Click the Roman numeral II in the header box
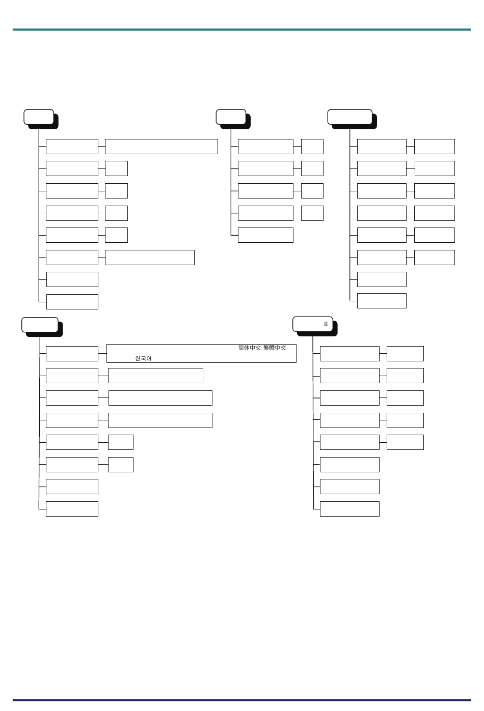(x=326, y=324)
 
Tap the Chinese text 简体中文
(x=250, y=348)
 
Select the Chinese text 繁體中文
(x=275, y=348)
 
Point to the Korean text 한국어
(x=143, y=358)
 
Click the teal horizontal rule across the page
(x=242, y=30)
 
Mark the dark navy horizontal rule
(x=242, y=700)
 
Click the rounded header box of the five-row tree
(x=231, y=117)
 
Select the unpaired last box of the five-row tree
(x=265, y=235)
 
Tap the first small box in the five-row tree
(x=312, y=147)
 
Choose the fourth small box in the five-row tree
(x=312, y=213)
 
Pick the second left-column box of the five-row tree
(x=265, y=168)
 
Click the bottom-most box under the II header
(x=349, y=509)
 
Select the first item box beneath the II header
(x=349, y=354)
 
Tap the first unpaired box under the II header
(x=349, y=465)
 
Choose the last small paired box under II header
(x=405, y=442)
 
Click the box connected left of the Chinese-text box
(x=72, y=354)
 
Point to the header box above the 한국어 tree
(x=40, y=325)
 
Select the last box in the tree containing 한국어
(x=72, y=509)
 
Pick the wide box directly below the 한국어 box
(x=156, y=376)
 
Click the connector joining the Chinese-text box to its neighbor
(x=102, y=354)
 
